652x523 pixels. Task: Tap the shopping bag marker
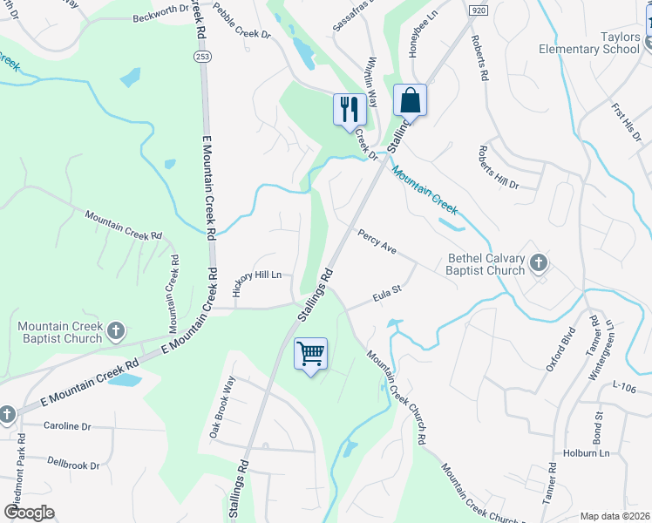pyautogui.click(x=409, y=100)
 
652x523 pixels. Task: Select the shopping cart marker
pyautogui.click(x=310, y=354)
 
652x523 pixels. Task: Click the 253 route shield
pyautogui.click(x=200, y=55)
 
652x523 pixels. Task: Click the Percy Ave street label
pyautogui.click(x=377, y=241)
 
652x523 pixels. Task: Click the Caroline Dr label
pyautogui.click(x=67, y=426)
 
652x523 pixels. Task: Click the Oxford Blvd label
pyautogui.click(x=561, y=350)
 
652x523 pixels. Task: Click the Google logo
pyautogui.click(x=29, y=513)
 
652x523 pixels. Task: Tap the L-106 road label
pyautogui.click(x=626, y=384)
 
